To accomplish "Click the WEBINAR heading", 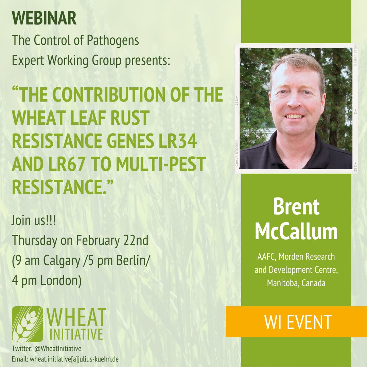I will (x=44, y=19).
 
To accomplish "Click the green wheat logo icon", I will (x=27, y=324).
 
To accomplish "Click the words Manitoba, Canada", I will (x=296, y=282).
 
